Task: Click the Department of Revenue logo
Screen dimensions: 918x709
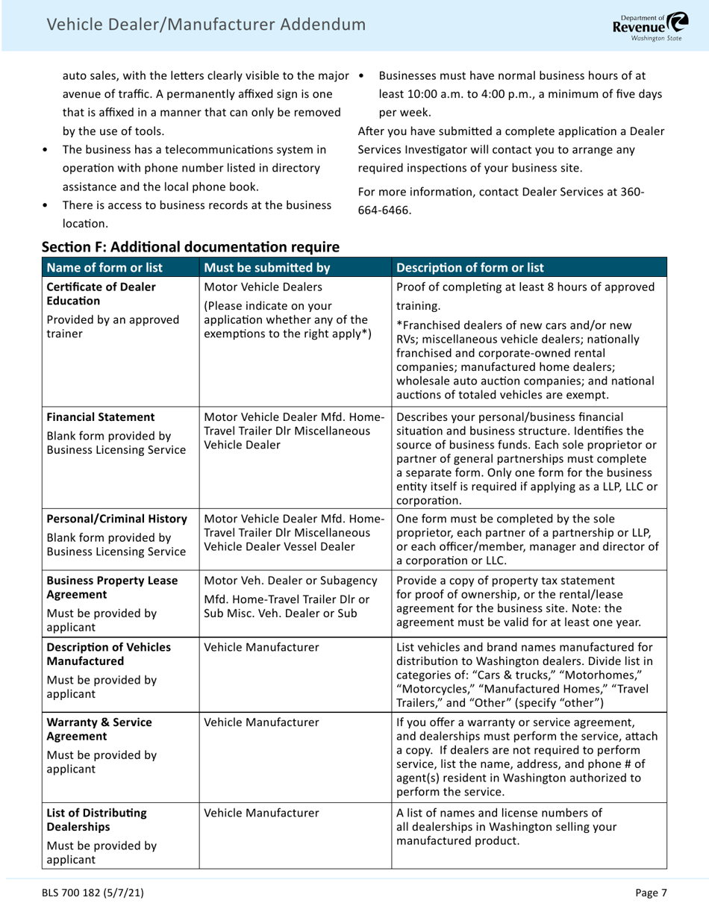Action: coord(651,25)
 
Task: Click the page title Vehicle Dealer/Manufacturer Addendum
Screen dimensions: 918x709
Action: coord(206,25)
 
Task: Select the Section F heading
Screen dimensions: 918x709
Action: coord(190,246)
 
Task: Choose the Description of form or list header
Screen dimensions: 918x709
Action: coord(469,268)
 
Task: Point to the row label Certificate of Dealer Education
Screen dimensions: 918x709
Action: coord(101,294)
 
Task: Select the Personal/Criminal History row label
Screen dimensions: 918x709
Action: coord(116,519)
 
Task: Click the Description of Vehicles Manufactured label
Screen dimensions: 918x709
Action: coord(108,654)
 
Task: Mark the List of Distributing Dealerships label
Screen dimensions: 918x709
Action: coord(96,819)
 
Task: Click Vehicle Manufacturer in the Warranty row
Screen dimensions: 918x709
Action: coord(261,722)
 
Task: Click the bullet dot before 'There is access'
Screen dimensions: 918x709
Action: coord(46,205)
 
